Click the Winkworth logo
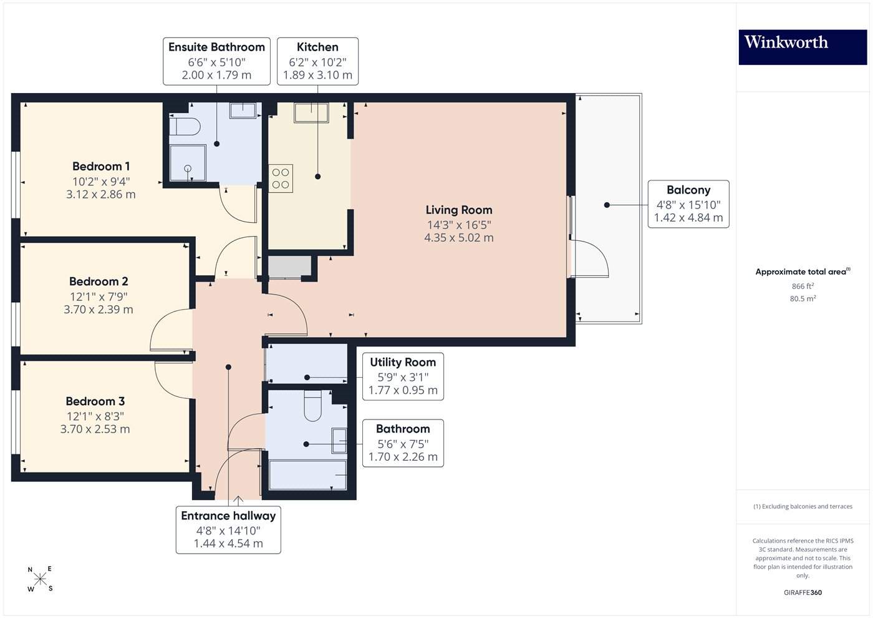point(803,47)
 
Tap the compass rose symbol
point(40,579)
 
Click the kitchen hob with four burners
point(281,179)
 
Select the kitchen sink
point(311,112)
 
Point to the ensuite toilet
point(185,127)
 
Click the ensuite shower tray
point(188,163)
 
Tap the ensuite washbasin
point(243,110)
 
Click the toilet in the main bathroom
point(312,406)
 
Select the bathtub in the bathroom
point(308,475)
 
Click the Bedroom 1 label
point(101,167)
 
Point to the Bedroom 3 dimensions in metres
point(95,429)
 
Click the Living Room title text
point(459,210)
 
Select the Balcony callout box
point(688,204)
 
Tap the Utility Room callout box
point(403,376)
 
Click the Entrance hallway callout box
point(228,530)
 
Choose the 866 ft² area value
point(803,286)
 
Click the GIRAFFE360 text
point(803,592)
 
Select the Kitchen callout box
point(317,61)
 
